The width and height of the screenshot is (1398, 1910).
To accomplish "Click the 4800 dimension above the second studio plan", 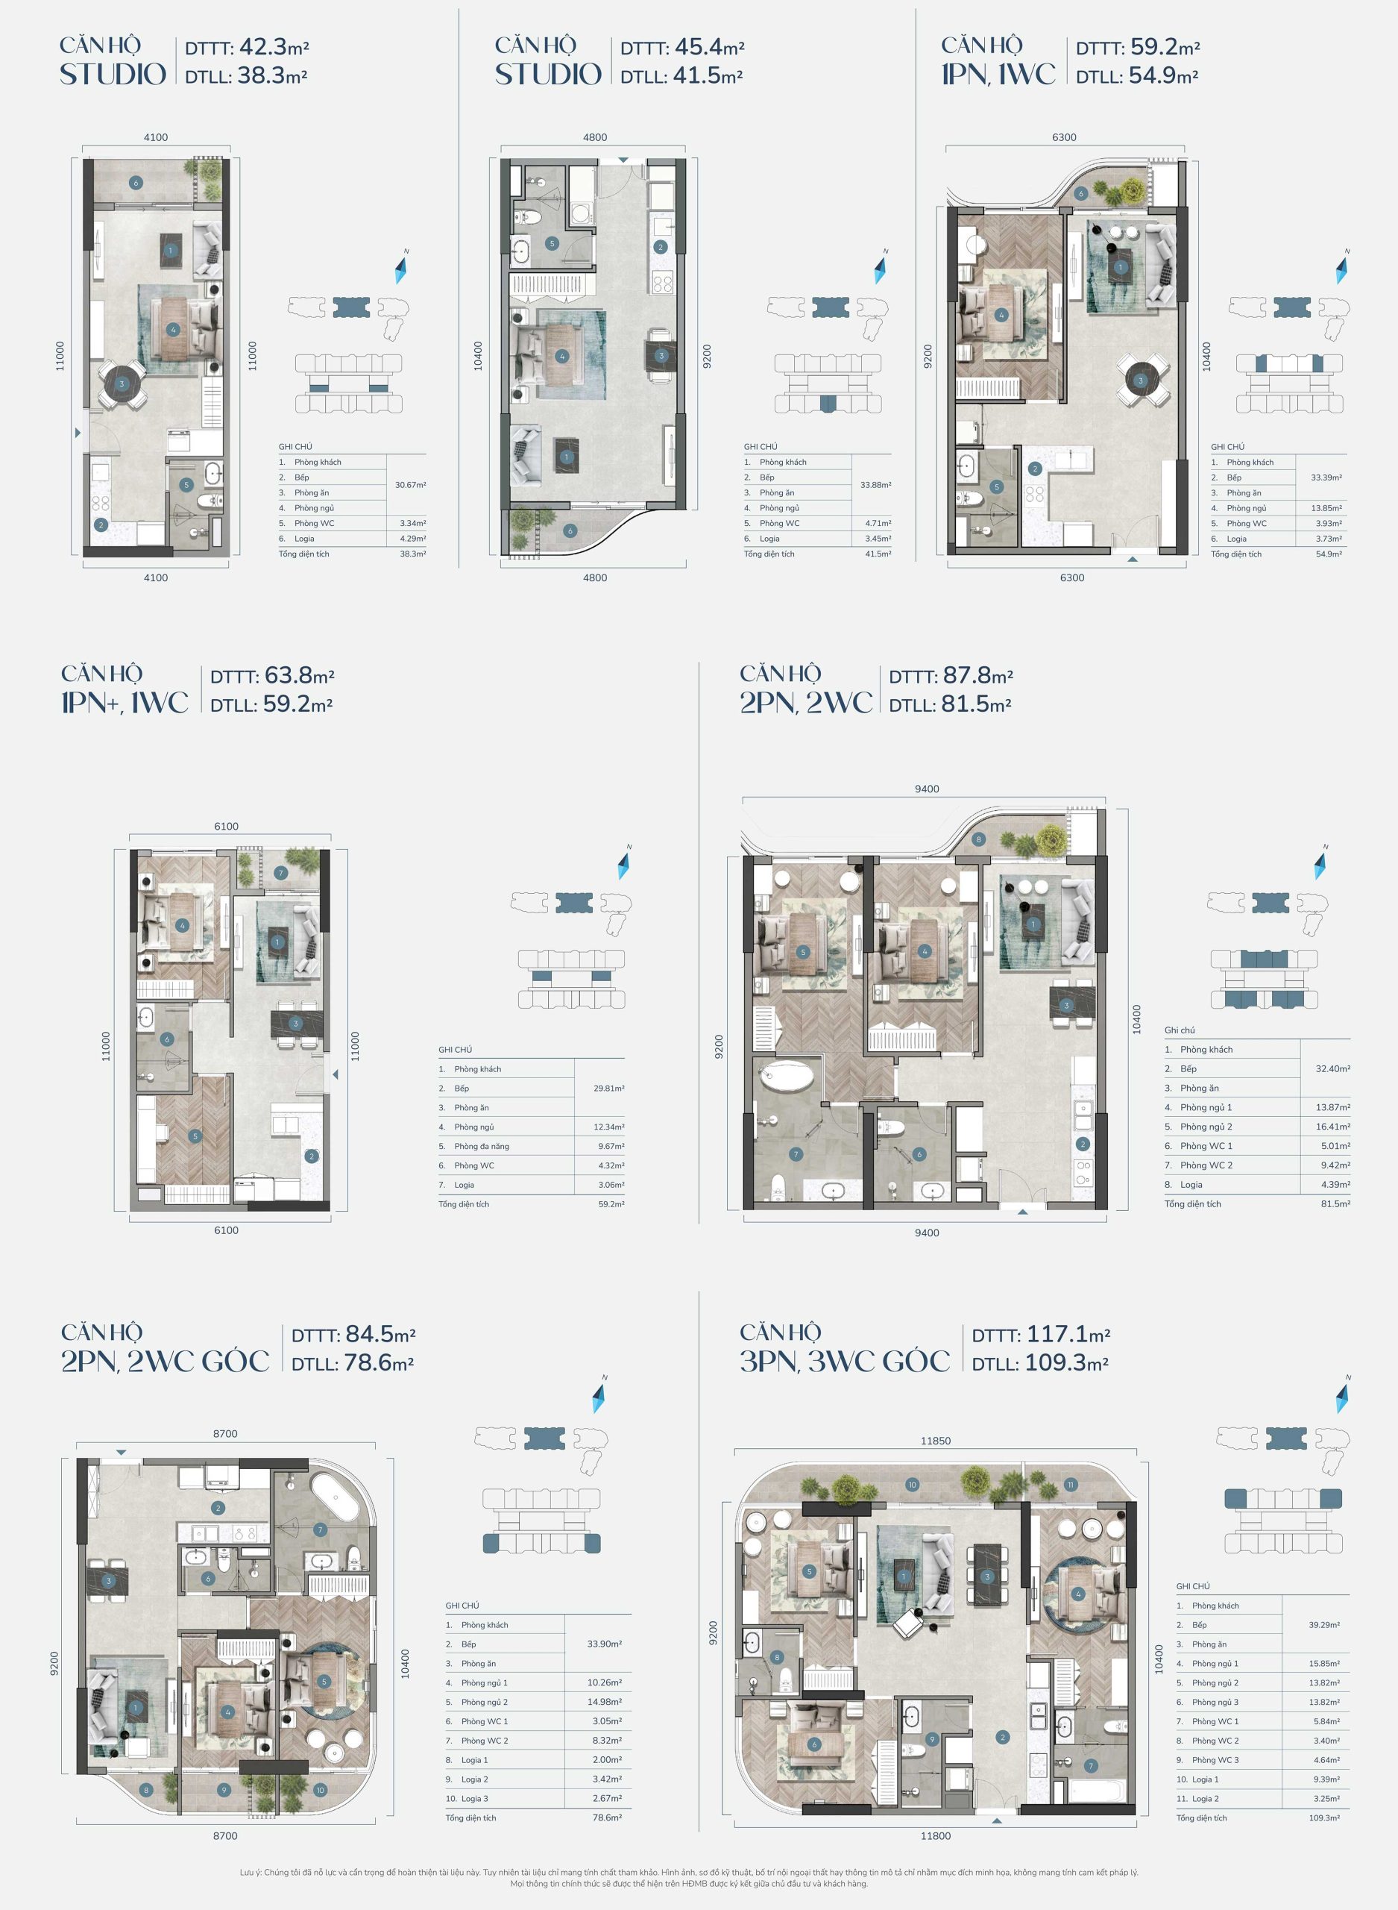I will [594, 137].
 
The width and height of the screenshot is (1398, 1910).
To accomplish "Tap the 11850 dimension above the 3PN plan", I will [935, 1440].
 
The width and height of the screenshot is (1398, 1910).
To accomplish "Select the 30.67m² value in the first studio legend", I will [410, 485].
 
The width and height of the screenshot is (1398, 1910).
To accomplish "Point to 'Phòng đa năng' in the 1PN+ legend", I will [482, 1146].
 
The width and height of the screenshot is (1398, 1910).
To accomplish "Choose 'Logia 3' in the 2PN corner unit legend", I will [474, 1798].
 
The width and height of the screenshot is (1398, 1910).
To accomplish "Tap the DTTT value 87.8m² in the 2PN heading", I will [977, 676].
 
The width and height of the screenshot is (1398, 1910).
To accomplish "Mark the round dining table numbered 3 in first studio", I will [122, 384].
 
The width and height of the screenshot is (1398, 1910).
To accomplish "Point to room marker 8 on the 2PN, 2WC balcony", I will [978, 840].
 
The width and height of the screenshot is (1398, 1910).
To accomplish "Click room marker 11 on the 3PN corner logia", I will [1071, 1484].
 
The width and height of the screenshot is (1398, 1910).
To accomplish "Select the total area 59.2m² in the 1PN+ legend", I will [611, 1204].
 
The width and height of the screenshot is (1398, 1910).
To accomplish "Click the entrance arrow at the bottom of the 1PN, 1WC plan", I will [1133, 559].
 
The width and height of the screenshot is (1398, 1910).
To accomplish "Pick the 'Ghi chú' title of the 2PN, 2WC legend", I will [1180, 1030].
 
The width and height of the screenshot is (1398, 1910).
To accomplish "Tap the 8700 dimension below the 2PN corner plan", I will [225, 1835].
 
